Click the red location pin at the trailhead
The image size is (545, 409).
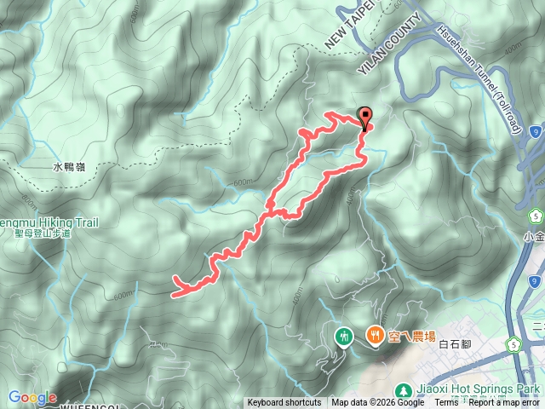[366, 118]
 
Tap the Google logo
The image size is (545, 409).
[32, 397]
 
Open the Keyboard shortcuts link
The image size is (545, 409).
[284, 403]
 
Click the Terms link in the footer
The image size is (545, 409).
[446, 403]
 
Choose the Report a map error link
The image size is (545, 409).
[506, 403]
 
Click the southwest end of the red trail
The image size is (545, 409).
[175, 295]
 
